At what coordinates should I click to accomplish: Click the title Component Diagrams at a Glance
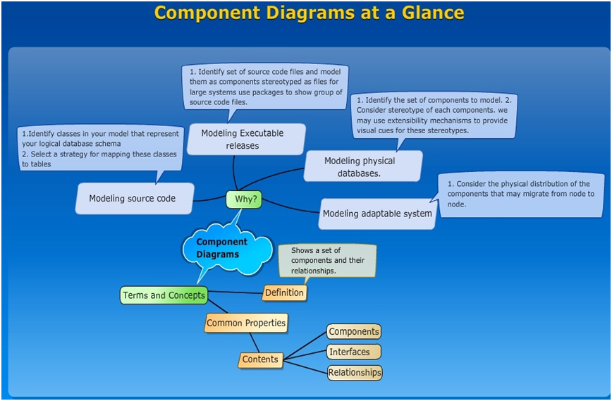[309, 13]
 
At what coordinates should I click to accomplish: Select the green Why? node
[244, 199]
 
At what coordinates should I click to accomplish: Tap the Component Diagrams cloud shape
[224, 248]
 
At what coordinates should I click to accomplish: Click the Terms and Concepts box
[164, 295]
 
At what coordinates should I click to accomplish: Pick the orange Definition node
[285, 292]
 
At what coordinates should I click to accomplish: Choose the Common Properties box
[246, 323]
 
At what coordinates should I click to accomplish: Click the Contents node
[260, 359]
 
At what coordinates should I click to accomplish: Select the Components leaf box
[354, 332]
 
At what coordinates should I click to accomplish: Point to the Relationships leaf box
[355, 372]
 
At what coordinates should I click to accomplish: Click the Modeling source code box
[133, 199]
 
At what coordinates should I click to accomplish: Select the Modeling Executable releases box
[243, 139]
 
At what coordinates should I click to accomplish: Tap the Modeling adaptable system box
[377, 214]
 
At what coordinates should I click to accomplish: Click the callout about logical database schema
[101, 148]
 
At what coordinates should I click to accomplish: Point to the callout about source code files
[265, 86]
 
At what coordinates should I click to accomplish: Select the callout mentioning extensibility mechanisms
[434, 116]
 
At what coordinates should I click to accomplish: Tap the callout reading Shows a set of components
[326, 260]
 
